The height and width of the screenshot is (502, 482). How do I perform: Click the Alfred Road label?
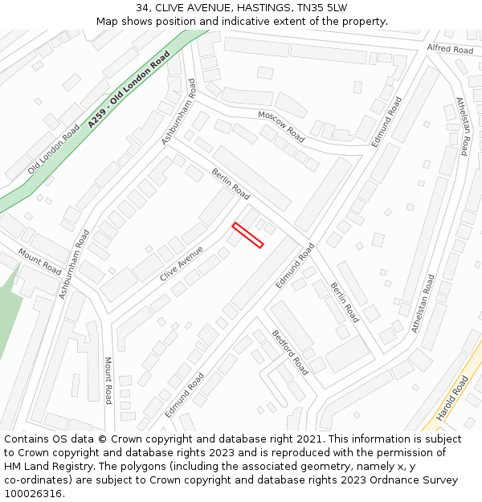point(450,49)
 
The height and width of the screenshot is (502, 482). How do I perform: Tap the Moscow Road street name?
point(281,125)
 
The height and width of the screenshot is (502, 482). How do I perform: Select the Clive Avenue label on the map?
point(182,263)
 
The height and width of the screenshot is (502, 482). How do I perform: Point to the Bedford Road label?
point(289,352)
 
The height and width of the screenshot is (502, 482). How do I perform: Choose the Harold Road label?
point(451,397)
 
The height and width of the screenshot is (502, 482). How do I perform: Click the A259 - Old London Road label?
point(129,90)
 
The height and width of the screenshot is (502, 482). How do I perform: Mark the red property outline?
point(247,235)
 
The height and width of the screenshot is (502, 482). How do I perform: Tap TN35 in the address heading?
point(310,8)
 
